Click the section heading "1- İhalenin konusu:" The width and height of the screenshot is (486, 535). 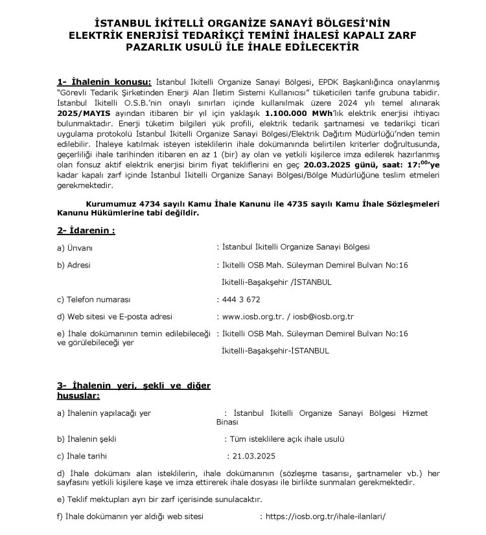click(x=104, y=82)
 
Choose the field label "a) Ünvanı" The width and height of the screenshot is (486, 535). click(x=76, y=247)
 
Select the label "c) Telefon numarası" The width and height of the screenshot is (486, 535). click(x=94, y=300)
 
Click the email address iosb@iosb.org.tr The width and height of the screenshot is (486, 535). click(x=323, y=317)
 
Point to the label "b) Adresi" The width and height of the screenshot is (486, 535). click(x=74, y=265)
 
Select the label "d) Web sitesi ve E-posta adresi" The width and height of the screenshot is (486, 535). click(x=115, y=317)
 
